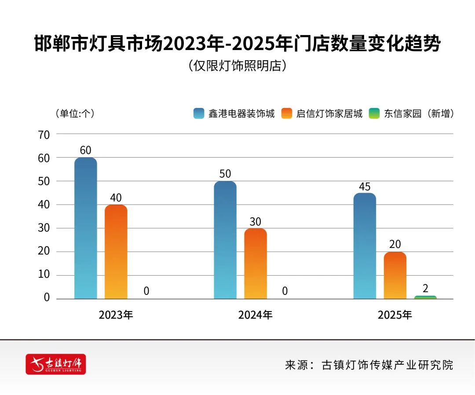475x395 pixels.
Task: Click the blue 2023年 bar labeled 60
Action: tap(85, 228)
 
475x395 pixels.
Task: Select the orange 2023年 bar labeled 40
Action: tap(116, 252)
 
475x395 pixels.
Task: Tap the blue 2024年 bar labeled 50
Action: tap(225, 240)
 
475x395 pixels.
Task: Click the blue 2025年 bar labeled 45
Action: tap(365, 246)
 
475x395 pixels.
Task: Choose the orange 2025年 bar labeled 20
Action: tap(395, 275)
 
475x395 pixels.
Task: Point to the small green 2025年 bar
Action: tap(425, 297)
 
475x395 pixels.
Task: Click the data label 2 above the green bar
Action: tap(425, 288)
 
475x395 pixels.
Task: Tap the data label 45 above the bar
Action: tap(365, 187)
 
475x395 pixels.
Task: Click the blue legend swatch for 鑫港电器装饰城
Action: tap(199, 114)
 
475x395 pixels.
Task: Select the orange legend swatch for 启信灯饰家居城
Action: tap(287, 114)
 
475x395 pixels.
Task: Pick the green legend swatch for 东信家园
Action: tap(374, 114)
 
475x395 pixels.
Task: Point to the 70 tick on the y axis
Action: tap(44, 134)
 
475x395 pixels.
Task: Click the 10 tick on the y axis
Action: tap(44, 275)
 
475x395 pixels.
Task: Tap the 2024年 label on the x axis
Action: tap(255, 315)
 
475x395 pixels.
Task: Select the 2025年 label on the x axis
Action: tap(395, 315)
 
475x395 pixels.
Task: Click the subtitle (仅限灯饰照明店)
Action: tap(237, 66)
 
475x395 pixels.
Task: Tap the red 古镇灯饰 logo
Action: tap(56, 364)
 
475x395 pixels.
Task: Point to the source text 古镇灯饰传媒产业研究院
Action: tap(387, 365)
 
